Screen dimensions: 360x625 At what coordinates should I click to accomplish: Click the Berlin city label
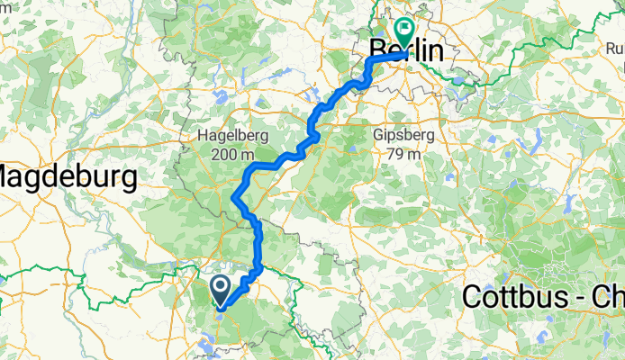(x=407, y=51)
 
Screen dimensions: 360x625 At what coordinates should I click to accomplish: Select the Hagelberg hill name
(x=229, y=136)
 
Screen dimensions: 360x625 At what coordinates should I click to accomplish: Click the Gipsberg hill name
(x=403, y=136)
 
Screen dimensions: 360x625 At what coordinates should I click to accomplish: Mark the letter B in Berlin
(x=378, y=51)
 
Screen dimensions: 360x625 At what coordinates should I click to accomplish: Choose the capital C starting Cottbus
(x=472, y=296)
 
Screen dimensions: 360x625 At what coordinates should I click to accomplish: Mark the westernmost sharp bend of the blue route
(x=235, y=197)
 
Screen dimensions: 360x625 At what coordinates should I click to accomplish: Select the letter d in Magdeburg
(x=63, y=176)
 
